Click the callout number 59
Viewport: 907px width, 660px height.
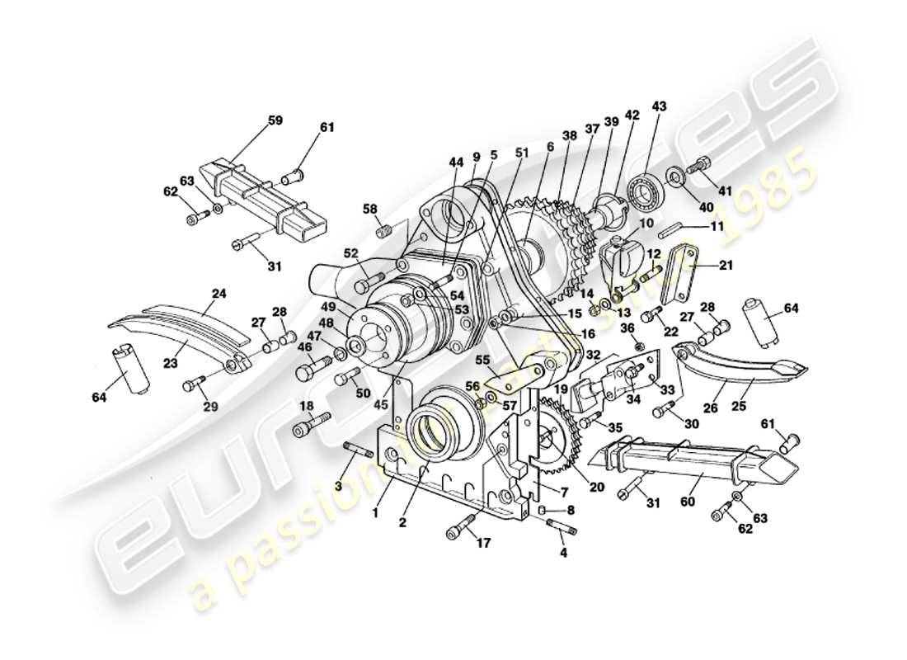(275, 120)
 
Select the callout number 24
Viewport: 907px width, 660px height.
(219, 292)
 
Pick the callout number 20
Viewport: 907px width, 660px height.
(597, 488)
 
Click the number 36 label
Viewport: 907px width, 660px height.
(627, 328)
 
